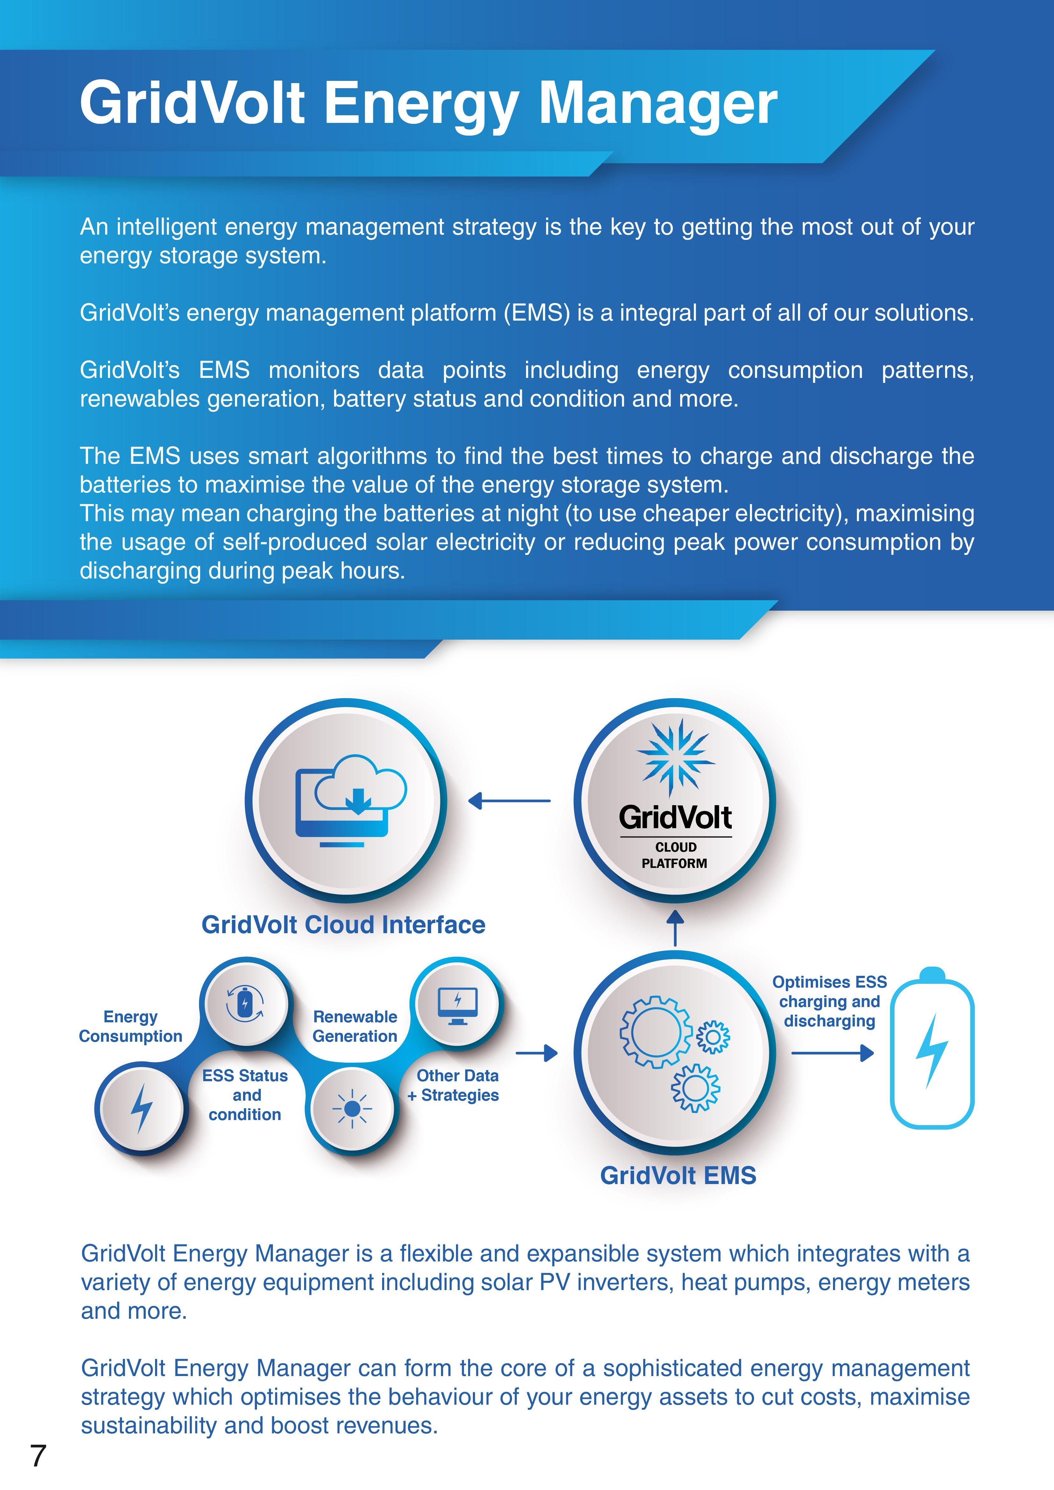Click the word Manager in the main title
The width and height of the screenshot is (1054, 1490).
point(658,104)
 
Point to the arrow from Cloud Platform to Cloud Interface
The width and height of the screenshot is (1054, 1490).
point(509,801)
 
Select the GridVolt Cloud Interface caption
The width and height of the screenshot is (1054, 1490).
point(343,925)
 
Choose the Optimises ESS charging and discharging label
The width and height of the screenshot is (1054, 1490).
point(830,1001)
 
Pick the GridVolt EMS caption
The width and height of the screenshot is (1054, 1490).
point(678,1175)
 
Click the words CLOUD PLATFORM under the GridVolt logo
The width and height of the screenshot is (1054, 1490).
point(675,855)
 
